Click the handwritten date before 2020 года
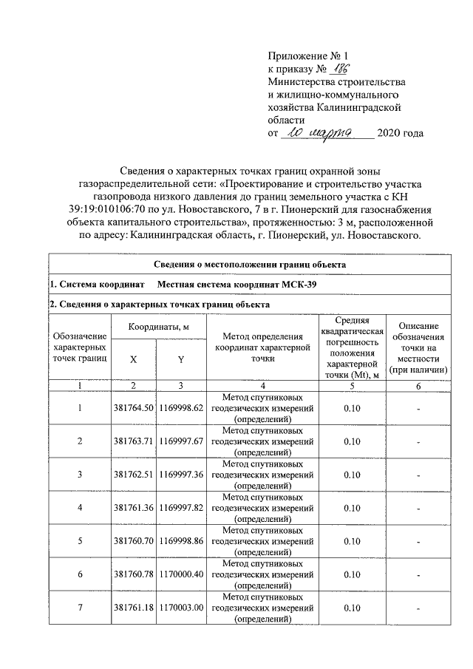[x=324, y=133]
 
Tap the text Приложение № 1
[x=307, y=55]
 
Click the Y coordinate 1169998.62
[x=180, y=408]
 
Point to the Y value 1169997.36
[x=180, y=474]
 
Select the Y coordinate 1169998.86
[x=180, y=541]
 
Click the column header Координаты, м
[x=157, y=327]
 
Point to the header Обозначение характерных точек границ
[x=81, y=346]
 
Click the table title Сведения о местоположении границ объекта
[x=250, y=265]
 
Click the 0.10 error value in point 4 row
[x=352, y=508]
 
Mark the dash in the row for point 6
[x=418, y=574]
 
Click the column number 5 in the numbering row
[x=352, y=386]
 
